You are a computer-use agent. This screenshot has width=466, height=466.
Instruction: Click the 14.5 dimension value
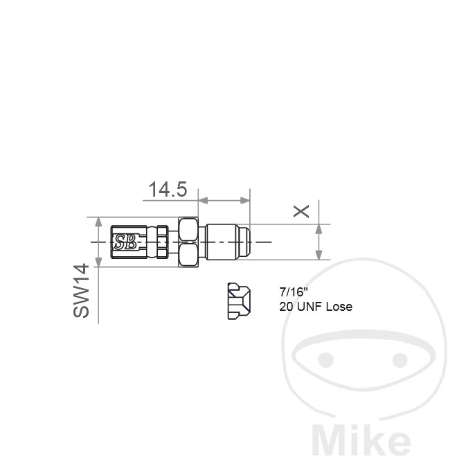pos(168,189)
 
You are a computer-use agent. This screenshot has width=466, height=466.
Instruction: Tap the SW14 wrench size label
pos(81,291)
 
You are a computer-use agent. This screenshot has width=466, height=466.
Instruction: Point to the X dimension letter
pos(301,211)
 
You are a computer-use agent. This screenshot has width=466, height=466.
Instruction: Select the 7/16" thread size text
pos(292,292)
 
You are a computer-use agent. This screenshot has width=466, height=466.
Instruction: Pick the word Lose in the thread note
pos(339,307)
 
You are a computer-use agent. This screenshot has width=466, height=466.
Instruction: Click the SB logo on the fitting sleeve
pos(125,242)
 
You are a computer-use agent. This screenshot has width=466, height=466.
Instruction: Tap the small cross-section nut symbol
pos(239,301)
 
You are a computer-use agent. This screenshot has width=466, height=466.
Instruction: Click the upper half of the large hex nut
pos(188,229)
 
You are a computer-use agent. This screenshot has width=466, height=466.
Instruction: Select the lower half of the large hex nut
pos(188,254)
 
